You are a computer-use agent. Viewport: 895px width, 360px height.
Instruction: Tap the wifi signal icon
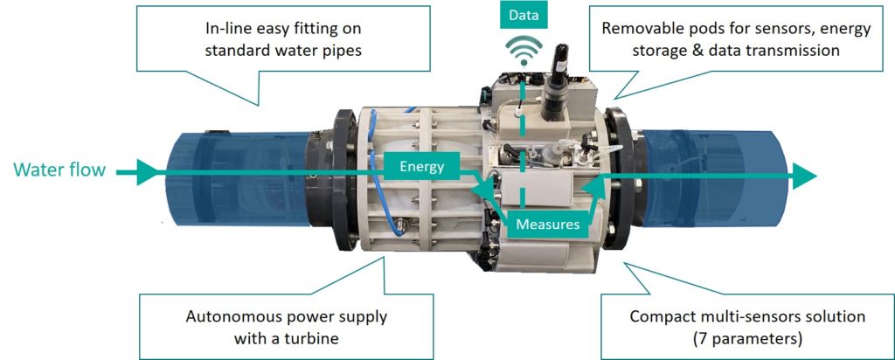coord(524,52)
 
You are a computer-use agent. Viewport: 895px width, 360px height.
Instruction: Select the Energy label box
coord(422,167)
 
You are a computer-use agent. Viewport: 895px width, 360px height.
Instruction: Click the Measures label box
coord(548,225)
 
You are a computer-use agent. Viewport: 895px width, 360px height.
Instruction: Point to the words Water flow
coord(60,170)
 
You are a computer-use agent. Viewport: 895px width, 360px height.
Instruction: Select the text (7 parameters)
coord(748,338)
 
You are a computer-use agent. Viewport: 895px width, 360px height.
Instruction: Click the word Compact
coord(656,316)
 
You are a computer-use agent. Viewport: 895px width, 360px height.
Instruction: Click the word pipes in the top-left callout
coord(343,50)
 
